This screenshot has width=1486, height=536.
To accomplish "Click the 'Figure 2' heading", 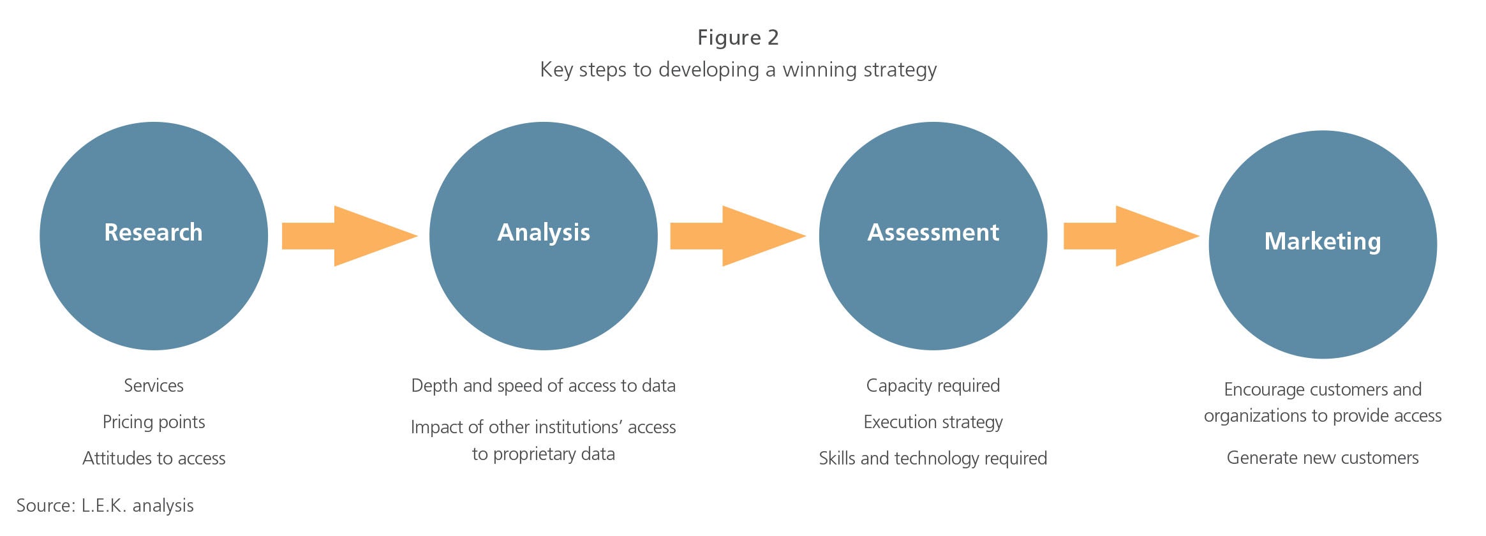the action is [738, 38].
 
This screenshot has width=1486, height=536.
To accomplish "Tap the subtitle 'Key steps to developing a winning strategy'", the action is [738, 70].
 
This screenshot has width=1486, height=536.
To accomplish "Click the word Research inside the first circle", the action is [153, 232].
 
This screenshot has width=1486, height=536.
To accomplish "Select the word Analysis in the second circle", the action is [544, 233].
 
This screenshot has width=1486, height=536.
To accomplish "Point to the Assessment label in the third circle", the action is [933, 232].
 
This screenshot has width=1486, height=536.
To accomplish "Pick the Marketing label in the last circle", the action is [1323, 242].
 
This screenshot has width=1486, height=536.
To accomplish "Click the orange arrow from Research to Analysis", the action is [350, 236].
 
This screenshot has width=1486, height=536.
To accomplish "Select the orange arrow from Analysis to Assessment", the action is [738, 236].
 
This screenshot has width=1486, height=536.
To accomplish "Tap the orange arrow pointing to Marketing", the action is [1131, 236].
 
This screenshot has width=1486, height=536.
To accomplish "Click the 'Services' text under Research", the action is [154, 385].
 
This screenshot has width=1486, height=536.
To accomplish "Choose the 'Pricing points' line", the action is [154, 422].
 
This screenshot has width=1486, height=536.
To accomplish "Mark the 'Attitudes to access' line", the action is [154, 458].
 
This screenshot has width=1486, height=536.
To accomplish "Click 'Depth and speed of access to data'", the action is [543, 386].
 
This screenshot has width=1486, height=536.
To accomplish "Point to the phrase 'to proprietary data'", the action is [544, 454].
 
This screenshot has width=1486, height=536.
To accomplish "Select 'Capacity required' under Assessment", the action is [933, 386].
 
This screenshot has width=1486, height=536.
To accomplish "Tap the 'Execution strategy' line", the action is [933, 422].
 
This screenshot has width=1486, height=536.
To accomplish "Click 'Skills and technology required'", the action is [933, 459].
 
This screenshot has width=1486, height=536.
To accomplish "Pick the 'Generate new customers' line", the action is [1323, 458].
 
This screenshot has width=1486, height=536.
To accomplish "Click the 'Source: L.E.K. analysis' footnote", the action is [105, 505].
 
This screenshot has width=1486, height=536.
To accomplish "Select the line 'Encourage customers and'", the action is [1323, 389].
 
